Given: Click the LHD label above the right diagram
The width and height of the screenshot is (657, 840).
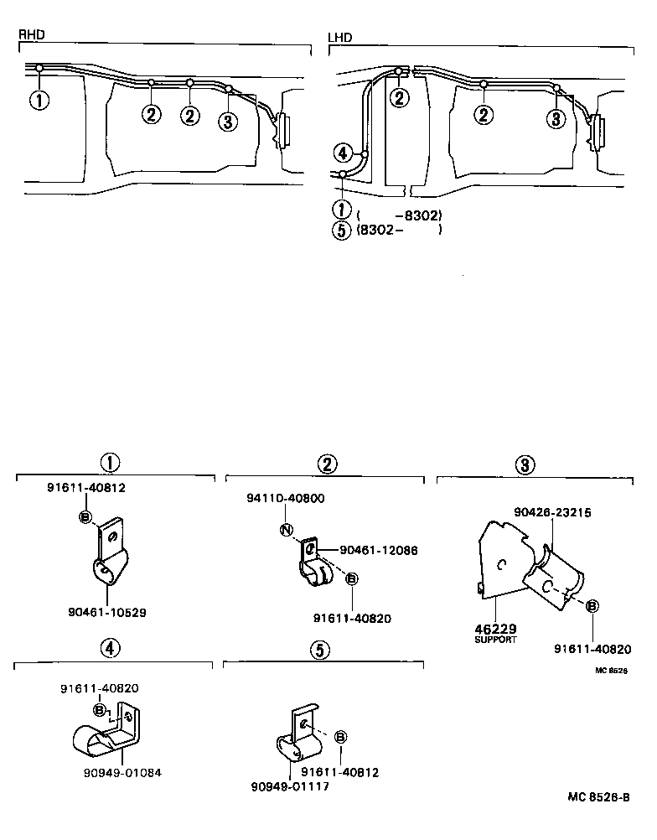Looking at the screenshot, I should (x=339, y=37).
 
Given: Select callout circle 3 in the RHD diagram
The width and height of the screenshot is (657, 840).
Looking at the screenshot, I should (x=227, y=122).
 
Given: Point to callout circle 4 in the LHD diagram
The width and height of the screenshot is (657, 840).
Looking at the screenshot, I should (x=342, y=153).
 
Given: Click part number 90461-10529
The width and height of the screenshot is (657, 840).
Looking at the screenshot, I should (x=107, y=613).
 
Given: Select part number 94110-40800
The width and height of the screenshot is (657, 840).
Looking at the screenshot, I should (x=285, y=499).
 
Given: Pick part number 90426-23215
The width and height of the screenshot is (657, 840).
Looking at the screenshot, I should (x=554, y=513).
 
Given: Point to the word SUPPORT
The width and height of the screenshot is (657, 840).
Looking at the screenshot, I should (x=496, y=640).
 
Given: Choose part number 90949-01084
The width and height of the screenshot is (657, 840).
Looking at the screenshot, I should (x=123, y=772).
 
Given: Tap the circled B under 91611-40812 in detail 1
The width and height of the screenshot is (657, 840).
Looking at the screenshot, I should (x=85, y=516).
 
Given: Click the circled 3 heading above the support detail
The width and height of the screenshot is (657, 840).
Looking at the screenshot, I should (x=523, y=464).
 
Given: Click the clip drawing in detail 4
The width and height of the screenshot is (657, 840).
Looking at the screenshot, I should (x=105, y=729).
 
